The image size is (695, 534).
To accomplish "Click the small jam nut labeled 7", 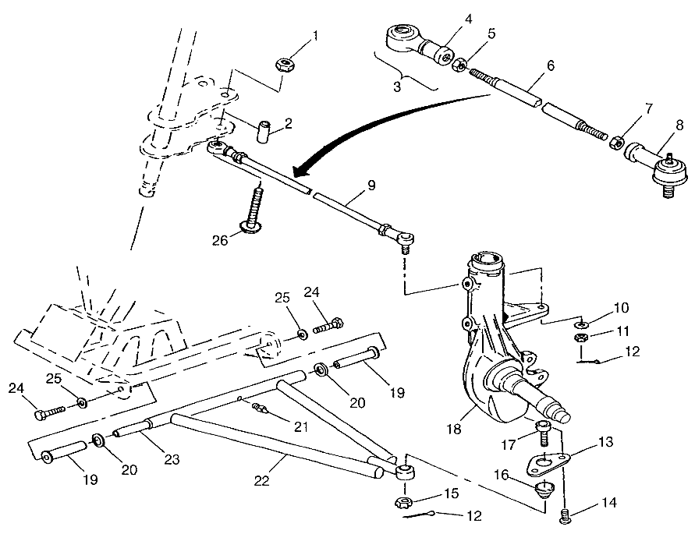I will pyautogui.click(x=616, y=141).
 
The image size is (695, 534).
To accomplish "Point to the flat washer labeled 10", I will pyautogui.click(x=581, y=324).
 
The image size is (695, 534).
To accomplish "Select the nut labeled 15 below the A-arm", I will pyautogui.click(x=406, y=501).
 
